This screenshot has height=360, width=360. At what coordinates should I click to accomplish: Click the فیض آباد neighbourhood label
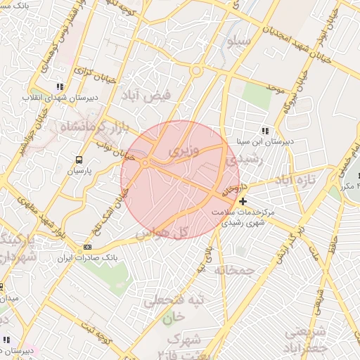tap(148, 96)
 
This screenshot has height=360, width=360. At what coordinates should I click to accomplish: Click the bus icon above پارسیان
tap(78, 160)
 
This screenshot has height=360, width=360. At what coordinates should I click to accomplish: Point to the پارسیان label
tap(81, 170)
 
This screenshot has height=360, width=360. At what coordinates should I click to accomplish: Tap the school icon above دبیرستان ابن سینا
tap(265, 131)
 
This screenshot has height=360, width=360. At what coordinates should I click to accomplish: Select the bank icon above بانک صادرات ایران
tap(87, 247)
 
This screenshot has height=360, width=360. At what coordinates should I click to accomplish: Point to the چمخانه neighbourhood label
tap(234, 270)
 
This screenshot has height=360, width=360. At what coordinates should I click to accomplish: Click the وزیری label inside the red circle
tap(184, 151)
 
